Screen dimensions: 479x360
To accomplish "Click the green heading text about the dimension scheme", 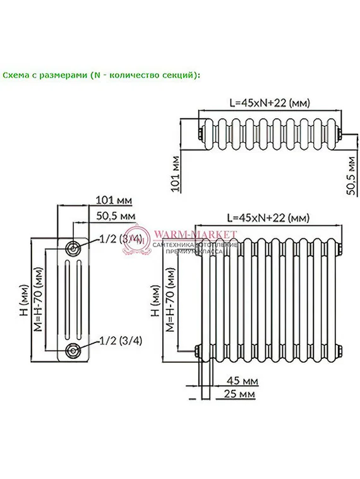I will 100,75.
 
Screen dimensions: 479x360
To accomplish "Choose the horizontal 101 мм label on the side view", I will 114,200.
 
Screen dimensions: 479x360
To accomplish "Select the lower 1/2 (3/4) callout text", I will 121,341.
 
